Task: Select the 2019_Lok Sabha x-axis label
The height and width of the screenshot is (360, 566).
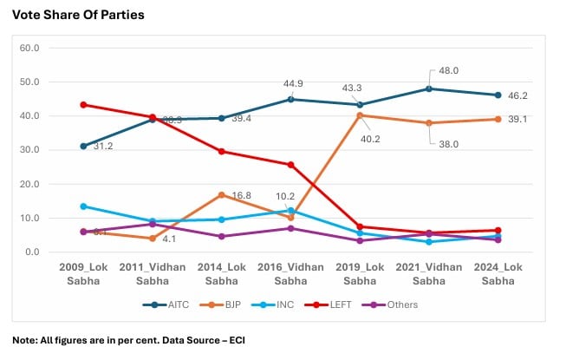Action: tap(360, 273)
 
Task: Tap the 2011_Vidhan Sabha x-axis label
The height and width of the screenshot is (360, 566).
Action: tap(152, 273)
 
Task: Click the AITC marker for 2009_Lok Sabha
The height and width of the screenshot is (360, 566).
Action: tap(83, 146)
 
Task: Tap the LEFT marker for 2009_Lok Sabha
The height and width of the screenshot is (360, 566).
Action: tap(83, 105)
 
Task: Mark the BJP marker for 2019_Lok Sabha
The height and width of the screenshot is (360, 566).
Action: tap(360, 115)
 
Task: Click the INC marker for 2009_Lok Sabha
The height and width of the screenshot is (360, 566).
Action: tap(83, 206)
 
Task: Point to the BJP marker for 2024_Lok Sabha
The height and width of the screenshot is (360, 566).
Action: tap(498, 119)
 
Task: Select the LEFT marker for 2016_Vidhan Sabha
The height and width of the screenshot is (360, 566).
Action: tap(290, 165)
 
